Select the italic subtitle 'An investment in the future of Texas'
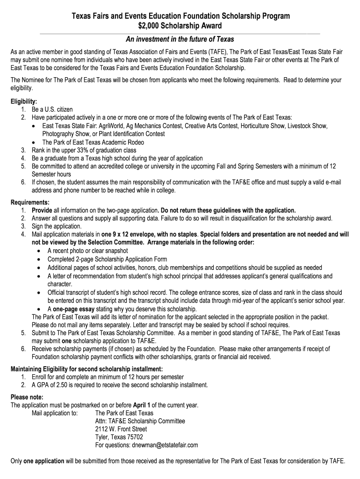point(180,39)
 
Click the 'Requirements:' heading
point(30,202)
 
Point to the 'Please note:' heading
point(27,397)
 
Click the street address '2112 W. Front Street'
point(121,429)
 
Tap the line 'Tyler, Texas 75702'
point(119,437)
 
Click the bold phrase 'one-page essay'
point(73,309)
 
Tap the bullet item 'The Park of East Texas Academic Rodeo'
point(93,142)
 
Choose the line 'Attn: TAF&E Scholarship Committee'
point(140,421)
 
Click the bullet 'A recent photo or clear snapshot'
point(88,251)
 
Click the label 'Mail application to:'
point(55,413)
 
